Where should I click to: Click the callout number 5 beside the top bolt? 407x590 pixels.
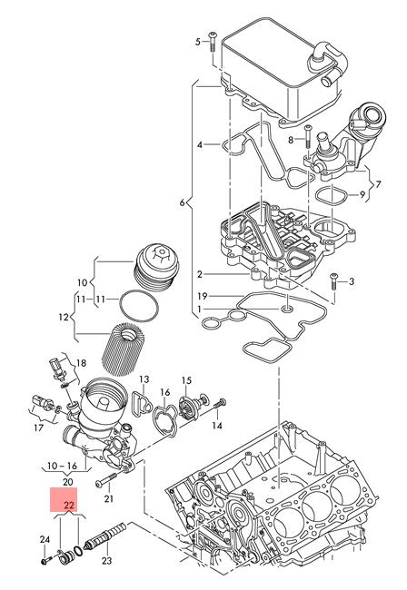tap(198, 42)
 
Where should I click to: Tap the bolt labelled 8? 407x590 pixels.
tap(308, 136)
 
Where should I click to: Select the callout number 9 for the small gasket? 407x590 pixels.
tap(362, 195)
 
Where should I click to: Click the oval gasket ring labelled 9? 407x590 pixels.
tap(330, 196)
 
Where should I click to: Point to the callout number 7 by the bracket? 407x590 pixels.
tap(378, 184)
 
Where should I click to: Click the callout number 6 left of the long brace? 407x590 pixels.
tap(183, 202)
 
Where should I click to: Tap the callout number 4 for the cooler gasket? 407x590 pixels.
tap(200, 144)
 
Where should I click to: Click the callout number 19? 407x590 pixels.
tap(203, 296)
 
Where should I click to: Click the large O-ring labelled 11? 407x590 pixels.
tap(139, 305)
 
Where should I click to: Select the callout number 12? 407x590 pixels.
tap(64, 317)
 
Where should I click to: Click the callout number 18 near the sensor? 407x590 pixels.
tap(81, 363)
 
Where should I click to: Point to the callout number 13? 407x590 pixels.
tap(144, 379)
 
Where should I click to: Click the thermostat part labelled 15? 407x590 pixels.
tap(194, 407)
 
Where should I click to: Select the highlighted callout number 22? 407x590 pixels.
tap(68, 505)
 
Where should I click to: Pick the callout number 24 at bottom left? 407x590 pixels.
tap(45, 539)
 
